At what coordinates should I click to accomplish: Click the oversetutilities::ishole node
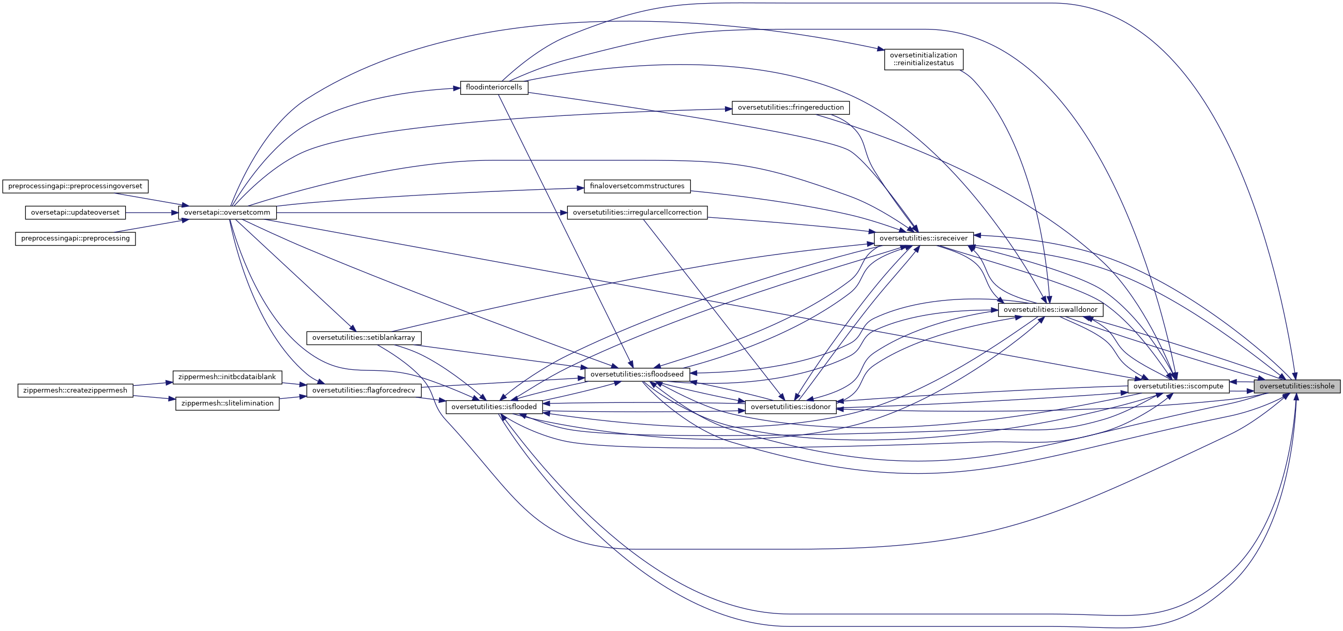pos(1296,386)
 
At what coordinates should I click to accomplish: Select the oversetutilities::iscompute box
pos(1178,386)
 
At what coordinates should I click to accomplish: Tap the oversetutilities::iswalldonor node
pos(1050,310)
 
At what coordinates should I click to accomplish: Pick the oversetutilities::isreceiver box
pos(923,238)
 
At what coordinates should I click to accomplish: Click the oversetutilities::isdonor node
pos(790,407)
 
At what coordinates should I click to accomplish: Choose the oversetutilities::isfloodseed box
pos(637,374)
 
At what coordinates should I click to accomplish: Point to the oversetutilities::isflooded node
pos(494,407)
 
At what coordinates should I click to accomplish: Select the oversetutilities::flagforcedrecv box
pos(364,390)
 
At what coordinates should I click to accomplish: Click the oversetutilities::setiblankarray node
pos(364,338)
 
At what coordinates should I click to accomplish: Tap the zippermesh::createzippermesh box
pos(76,390)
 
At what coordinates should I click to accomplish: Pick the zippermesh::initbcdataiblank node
pos(227,377)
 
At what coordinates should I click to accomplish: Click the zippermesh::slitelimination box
pos(227,403)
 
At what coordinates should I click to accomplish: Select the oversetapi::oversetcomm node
pos(227,213)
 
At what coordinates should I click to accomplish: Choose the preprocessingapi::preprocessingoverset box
pos(75,186)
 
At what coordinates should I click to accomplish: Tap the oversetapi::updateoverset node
pos(75,213)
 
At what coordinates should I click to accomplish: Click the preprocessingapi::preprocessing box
pos(75,239)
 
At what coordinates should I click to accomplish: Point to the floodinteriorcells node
pos(494,87)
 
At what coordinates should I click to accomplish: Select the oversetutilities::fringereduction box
pos(790,108)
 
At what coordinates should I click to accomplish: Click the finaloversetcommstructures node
pos(637,186)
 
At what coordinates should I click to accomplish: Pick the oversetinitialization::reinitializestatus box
pos(923,59)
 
